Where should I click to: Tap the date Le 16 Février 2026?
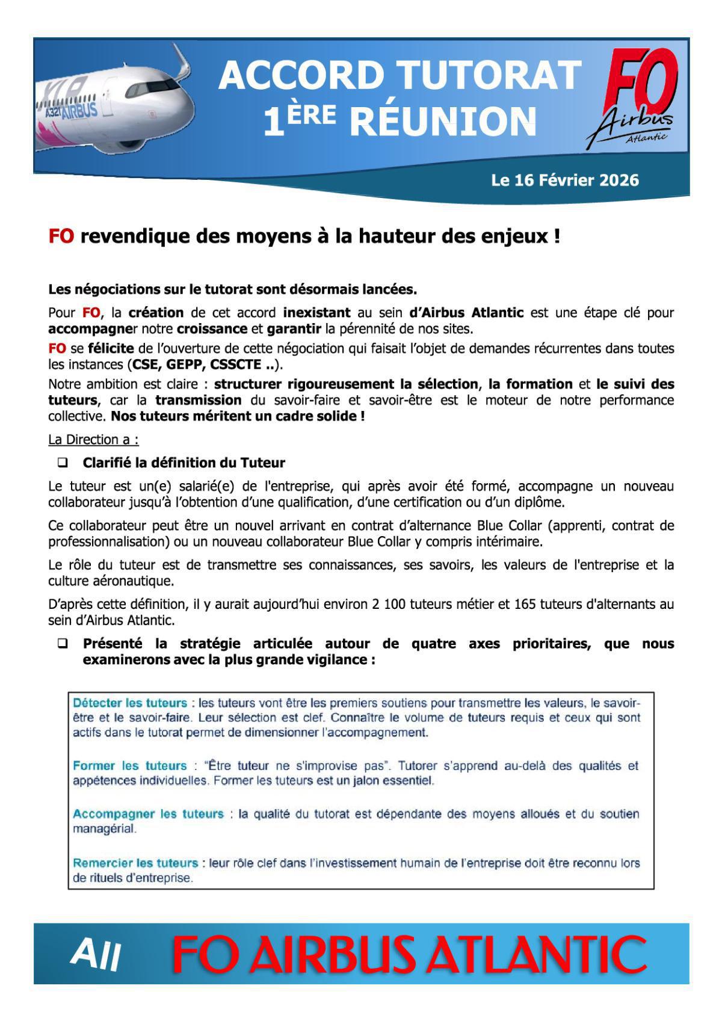coord(564,180)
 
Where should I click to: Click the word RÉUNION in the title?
coord(443,122)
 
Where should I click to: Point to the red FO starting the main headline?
coord(61,236)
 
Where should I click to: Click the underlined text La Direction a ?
coord(93,439)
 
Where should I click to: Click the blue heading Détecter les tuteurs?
coord(129,703)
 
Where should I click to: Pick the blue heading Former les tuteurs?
coord(129,766)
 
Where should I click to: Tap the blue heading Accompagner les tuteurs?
coord(148,814)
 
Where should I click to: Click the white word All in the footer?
coord(96,955)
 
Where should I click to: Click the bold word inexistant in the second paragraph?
coord(316,313)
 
